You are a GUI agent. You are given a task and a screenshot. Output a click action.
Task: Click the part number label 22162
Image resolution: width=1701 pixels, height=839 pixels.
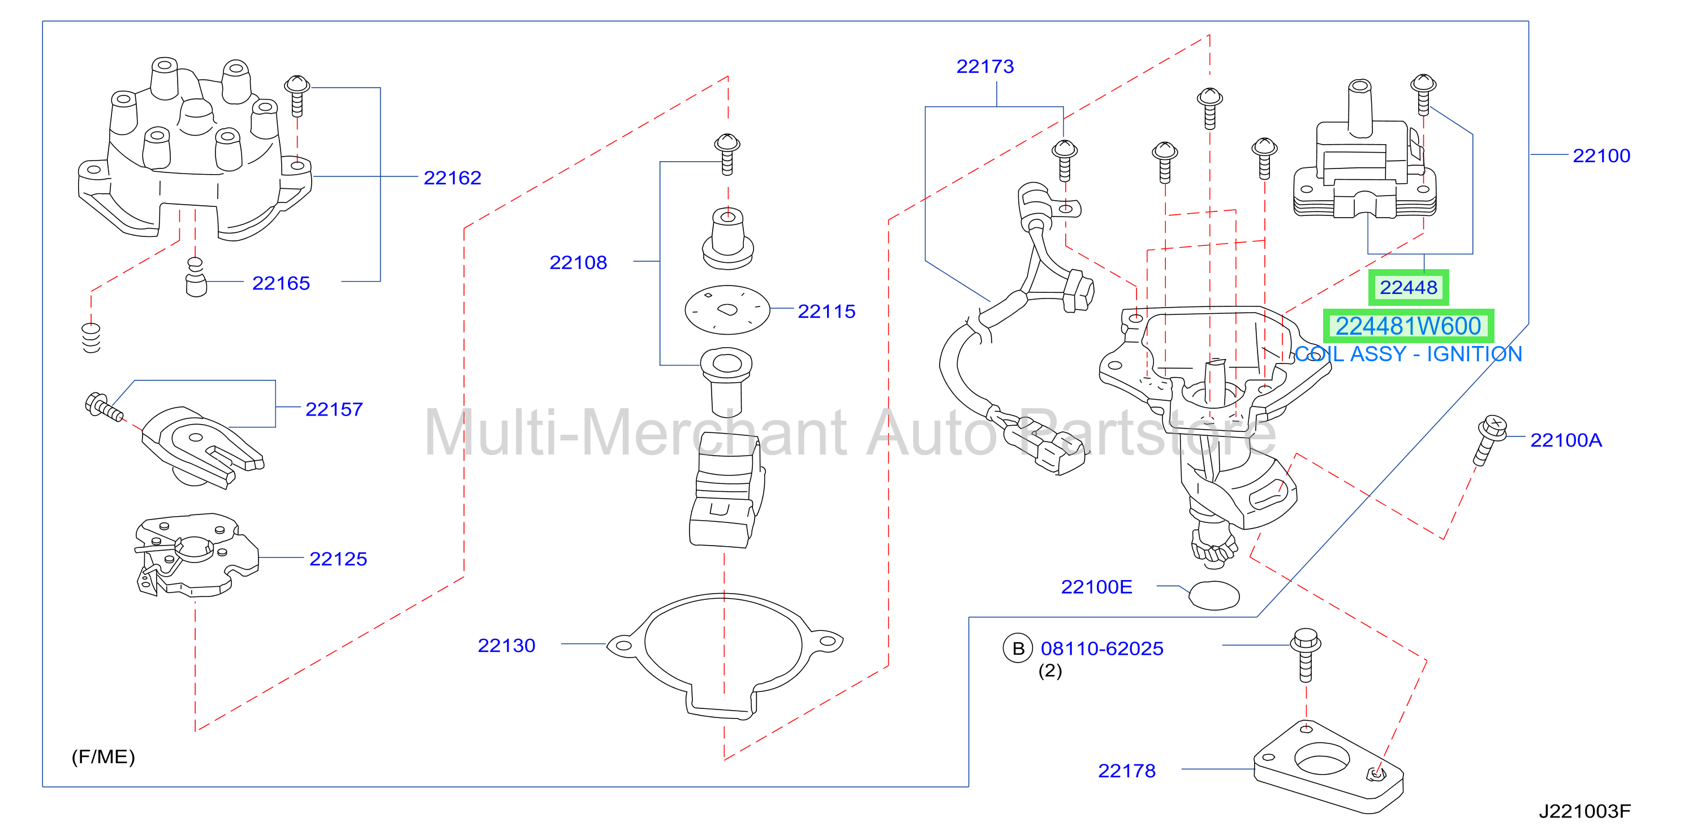coord(453,178)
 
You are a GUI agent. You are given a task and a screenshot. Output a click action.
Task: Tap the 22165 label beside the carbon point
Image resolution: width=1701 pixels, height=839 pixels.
coord(281,283)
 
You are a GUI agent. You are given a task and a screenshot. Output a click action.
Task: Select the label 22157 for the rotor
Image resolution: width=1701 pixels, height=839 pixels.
coord(334,409)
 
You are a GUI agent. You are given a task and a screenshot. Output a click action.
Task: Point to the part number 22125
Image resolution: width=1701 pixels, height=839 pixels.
coord(338,559)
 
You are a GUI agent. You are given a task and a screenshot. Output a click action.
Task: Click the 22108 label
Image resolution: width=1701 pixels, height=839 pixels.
coord(579,263)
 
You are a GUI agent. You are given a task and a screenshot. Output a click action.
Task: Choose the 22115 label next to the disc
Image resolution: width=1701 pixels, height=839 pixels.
coord(826,312)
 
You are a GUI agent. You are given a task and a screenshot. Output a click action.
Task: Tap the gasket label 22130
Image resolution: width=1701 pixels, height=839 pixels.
coord(506,646)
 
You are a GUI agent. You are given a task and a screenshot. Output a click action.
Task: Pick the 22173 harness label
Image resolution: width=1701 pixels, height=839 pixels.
coord(985,67)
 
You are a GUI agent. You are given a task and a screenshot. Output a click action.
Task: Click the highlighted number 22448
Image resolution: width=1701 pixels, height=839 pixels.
coord(1409,288)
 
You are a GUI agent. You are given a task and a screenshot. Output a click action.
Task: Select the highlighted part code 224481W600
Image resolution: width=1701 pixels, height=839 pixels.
coord(1409,326)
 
